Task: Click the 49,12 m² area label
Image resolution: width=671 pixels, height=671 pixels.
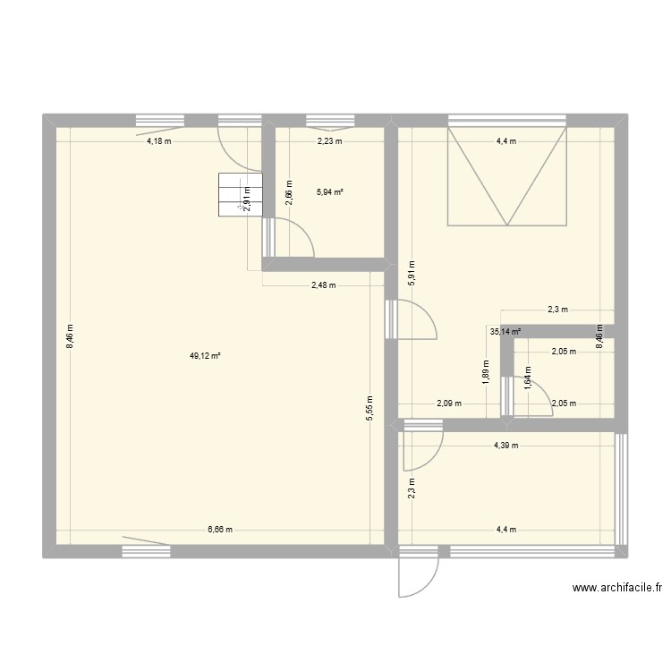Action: tap(204, 355)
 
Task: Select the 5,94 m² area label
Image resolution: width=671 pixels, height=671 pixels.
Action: tap(330, 191)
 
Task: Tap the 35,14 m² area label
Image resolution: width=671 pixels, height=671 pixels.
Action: tap(505, 330)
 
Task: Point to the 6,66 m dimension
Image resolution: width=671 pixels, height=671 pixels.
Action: tap(220, 530)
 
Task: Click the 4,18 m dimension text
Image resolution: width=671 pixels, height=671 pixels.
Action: tap(160, 141)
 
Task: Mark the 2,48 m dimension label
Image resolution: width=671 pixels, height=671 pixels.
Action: tap(323, 286)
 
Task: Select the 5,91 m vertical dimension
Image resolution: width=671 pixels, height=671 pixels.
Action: tap(412, 272)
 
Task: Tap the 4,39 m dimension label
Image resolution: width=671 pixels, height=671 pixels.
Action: tap(505, 446)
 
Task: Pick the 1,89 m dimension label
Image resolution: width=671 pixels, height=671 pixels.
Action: tap(486, 370)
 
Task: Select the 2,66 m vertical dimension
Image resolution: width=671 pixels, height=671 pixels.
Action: tap(288, 192)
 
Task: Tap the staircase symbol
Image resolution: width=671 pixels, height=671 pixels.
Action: tap(239, 194)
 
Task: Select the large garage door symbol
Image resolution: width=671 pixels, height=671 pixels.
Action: tap(507, 175)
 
